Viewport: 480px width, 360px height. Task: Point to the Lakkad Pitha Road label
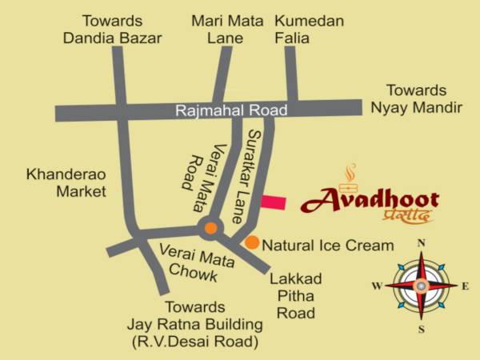point(296,296)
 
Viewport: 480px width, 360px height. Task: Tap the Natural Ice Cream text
point(328,246)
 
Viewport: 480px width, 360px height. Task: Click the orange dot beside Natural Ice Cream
point(251,242)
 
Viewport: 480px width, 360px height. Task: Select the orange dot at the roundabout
point(210,228)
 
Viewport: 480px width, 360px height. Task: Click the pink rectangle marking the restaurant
point(273,202)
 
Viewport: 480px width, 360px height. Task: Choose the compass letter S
point(422,329)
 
